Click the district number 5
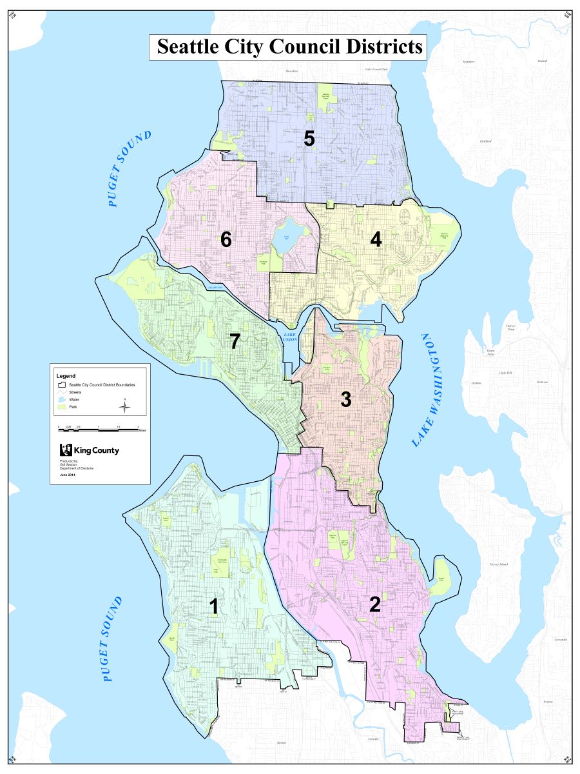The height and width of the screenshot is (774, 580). coord(309,139)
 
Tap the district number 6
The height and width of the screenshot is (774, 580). coord(226,239)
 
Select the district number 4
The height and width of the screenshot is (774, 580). coord(376,239)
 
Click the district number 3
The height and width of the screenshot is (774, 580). coord(346,400)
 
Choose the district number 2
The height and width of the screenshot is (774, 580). coord(375,604)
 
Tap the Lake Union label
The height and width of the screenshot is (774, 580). coord(291,337)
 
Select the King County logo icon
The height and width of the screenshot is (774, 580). coord(64,450)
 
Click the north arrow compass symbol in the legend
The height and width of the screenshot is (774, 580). coord(126,406)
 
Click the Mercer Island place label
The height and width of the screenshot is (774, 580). coord(499,564)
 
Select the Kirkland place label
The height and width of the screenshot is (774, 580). coord(485,141)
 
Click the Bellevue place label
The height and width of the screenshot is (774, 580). coord(542,382)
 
